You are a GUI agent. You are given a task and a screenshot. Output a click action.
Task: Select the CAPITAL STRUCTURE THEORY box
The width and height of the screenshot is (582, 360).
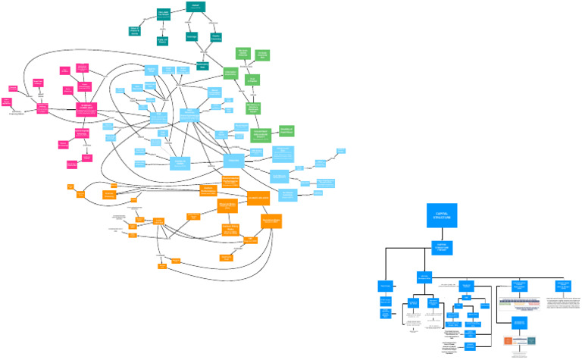(x=442, y=247)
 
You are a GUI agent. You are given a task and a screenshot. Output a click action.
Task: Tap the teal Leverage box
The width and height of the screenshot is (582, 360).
(x=192, y=36)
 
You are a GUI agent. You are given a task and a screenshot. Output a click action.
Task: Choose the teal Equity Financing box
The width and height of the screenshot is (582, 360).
(x=216, y=36)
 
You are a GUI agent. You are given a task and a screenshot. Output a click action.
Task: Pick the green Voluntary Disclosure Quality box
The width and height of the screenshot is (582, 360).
(x=261, y=135)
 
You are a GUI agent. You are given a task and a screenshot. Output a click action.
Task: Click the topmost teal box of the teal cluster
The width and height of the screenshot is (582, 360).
(x=196, y=7)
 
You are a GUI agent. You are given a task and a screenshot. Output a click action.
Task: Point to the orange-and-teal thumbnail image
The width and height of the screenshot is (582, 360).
(x=520, y=343)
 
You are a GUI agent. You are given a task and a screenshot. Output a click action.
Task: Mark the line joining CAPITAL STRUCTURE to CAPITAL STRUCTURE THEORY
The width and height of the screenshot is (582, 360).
(x=442, y=233)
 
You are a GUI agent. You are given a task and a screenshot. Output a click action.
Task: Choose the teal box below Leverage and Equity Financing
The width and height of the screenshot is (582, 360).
(x=202, y=66)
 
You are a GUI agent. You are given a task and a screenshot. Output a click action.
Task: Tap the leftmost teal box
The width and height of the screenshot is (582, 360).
(x=134, y=31)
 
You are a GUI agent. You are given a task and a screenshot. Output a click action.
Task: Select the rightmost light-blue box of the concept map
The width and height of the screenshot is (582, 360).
(x=341, y=151)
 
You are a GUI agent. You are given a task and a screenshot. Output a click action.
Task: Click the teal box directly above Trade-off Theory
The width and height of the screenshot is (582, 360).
(x=162, y=14)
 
